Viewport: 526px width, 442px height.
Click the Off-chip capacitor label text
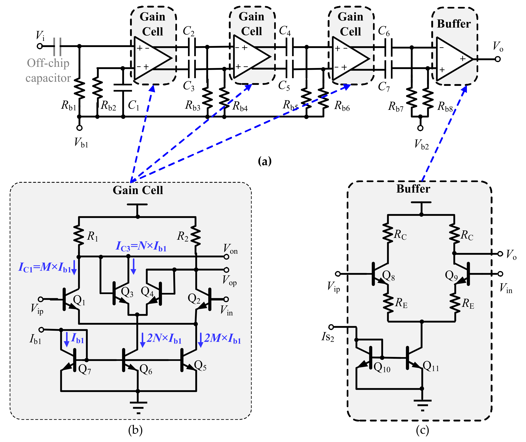click(48, 71)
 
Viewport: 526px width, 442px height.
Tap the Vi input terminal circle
click(40, 46)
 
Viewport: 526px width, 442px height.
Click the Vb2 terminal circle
click(420, 128)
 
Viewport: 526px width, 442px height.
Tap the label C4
click(285, 31)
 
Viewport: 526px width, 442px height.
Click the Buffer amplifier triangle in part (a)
click(453, 59)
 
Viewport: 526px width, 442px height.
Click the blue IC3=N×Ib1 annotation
click(141, 246)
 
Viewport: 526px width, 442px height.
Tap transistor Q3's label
click(127, 292)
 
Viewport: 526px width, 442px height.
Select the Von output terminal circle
click(226, 257)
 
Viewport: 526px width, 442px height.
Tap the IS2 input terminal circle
click(331, 327)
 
